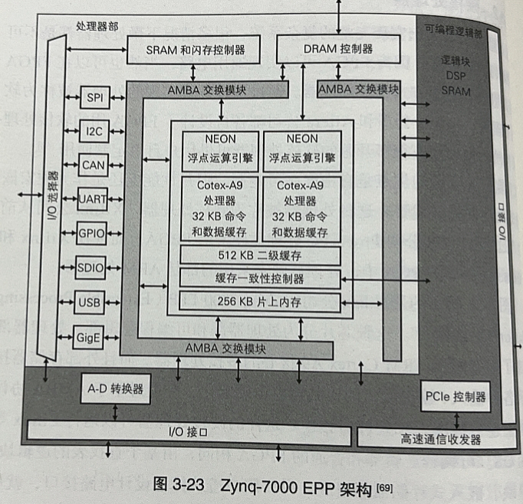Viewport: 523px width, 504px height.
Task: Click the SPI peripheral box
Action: pos(95,97)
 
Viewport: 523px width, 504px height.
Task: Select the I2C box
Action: pos(95,130)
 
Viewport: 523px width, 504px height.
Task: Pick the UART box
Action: pos(93,198)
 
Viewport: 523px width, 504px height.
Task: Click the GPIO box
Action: pos(91,232)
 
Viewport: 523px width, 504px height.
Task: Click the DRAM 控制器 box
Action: pos(338,49)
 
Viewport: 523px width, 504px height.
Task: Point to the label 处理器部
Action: pos(97,25)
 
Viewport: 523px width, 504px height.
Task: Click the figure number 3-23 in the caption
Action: pos(189,485)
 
